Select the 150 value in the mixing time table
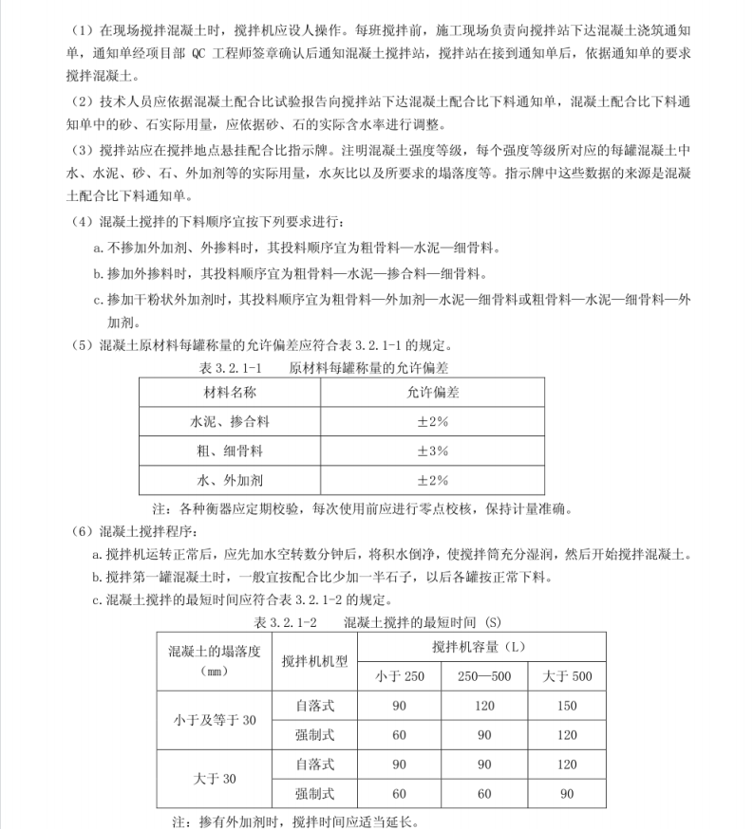566,706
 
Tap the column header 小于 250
399,677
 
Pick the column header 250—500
483,677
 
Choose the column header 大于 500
566,677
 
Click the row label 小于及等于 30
215,720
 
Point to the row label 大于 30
215,779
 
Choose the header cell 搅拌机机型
314,662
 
